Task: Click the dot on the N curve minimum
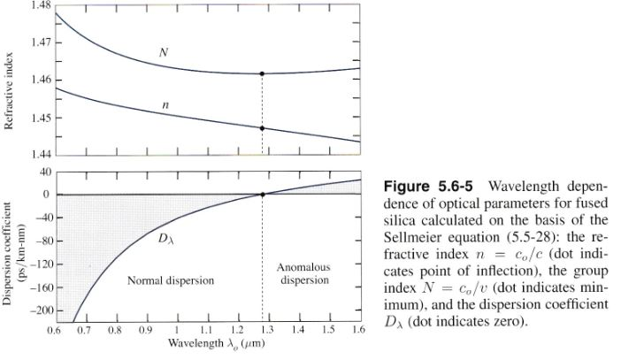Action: click(263, 73)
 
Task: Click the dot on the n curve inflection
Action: click(263, 128)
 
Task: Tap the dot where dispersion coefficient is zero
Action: click(263, 195)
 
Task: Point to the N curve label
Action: click(164, 53)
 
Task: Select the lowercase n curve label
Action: click(165, 104)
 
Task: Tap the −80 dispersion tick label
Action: click(38, 241)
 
